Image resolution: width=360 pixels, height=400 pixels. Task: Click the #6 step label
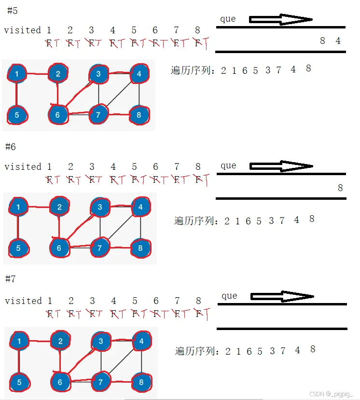(11, 147)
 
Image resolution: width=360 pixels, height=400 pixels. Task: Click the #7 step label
(11, 279)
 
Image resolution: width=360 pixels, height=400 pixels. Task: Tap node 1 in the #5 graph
(17, 74)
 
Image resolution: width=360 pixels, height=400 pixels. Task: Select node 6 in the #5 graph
(58, 115)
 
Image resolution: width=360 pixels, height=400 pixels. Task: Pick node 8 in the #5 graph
(139, 115)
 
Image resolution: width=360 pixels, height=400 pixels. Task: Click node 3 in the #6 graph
(100, 207)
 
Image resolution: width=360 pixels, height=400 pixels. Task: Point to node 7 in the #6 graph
(100, 248)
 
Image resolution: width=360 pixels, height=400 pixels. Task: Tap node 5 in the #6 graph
(18, 248)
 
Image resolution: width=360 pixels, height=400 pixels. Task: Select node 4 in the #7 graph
(141, 341)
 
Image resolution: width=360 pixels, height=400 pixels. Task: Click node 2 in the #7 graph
(60, 341)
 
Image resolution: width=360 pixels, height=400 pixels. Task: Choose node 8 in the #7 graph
(141, 383)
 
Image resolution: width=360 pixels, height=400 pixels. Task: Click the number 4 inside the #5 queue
(338, 41)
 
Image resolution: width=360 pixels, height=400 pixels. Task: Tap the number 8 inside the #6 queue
(340, 188)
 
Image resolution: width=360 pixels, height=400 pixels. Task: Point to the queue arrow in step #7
(282, 296)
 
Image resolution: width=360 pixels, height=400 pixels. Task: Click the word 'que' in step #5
(228, 19)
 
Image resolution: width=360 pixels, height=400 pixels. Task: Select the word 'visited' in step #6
(23, 167)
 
